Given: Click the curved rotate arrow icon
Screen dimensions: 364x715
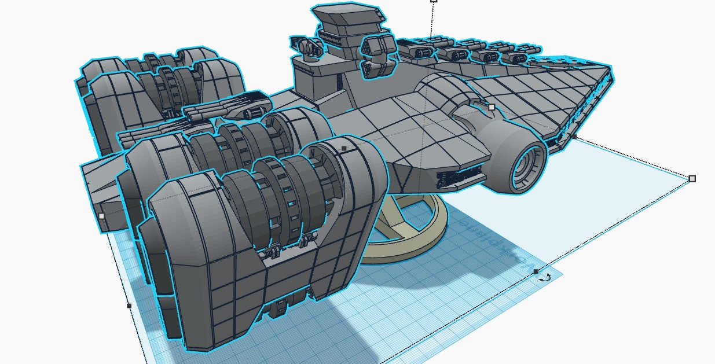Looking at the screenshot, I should [x=545, y=278].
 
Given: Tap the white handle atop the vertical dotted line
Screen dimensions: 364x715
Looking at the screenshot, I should [x=434, y=1].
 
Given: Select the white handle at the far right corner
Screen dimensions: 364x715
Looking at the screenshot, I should [x=692, y=179].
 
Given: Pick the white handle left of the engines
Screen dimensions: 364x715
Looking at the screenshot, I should [x=101, y=216].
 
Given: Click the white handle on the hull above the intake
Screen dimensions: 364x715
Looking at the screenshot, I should [x=492, y=107].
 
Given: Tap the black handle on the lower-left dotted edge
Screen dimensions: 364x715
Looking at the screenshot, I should [x=129, y=306].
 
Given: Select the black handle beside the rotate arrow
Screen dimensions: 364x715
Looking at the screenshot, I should [x=536, y=271].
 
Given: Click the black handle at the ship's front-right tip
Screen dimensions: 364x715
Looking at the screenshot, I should [x=574, y=137].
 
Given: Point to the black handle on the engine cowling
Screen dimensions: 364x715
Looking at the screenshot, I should [x=344, y=148].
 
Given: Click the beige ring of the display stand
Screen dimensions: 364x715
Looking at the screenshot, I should [x=431, y=231].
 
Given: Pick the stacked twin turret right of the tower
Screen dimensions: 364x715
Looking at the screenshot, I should [x=376, y=55].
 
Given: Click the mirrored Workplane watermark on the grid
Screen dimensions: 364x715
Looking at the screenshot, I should [x=475, y=232].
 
